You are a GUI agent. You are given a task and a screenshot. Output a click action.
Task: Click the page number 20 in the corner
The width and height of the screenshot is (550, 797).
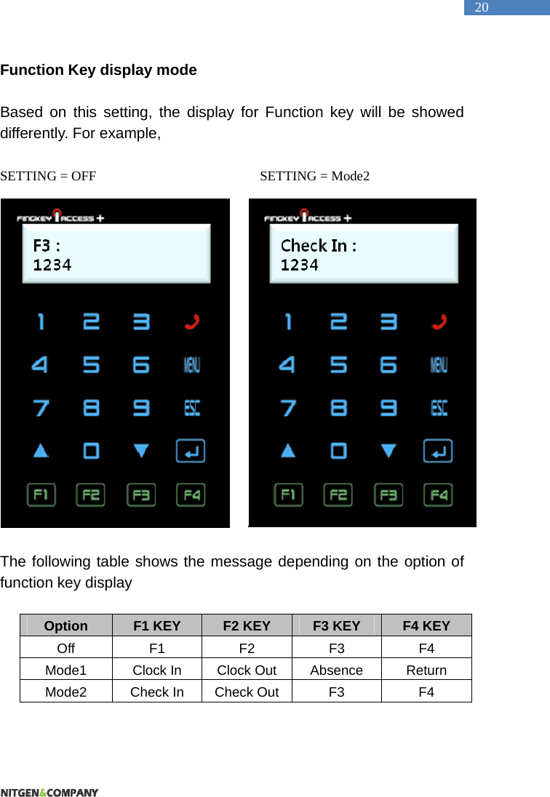pyautogui.click(x=482, y=8)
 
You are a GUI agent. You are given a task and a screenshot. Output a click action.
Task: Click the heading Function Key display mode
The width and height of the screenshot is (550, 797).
pyautogui.click(x=99, y=71)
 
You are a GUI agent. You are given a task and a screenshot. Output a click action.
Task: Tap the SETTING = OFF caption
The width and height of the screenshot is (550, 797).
pyautogui.click(x=48, y=176)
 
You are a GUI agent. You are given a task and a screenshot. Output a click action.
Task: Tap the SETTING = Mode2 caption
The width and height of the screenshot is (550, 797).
pyautogui.click(x=315, y=176)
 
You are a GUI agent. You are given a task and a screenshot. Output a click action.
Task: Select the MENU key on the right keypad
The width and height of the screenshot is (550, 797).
pyautogui.click(x=439, y=364)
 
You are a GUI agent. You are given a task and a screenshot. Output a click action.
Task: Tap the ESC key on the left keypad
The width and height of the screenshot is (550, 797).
pyautogui.click(x=191, y=408)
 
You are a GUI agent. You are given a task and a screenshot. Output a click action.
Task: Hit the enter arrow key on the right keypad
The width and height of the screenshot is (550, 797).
pyautogui.click(x=439, y=451)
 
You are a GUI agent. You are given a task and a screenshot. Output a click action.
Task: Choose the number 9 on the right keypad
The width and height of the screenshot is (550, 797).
pyautogui.click(x=389, y=408)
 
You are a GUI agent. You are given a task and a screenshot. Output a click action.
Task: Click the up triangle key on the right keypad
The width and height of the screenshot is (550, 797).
pyautogui.click(x=289, y=451)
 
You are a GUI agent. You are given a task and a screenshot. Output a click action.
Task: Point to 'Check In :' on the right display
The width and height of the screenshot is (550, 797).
pyautogui.click(x=319, y=246)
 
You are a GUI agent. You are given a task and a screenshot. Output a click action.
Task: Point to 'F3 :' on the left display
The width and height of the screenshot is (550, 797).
pyautogui.click(x=47, y=244)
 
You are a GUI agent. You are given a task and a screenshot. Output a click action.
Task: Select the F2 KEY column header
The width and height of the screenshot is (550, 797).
pyautogui.click(x=247, y=626)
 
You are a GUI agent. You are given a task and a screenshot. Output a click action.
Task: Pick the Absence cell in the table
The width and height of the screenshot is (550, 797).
pyautogui.click(x=336, y=670)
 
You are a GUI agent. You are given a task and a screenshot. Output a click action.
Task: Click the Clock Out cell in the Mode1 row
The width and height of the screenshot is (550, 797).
pyautogui.click(x=247, y=670)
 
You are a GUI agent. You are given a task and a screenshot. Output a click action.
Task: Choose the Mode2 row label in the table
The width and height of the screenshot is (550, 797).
pyautogui.click(x=66, y=692)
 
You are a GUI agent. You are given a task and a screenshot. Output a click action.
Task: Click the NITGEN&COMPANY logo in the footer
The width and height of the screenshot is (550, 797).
pyautogui.click(x=49, y=792)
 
